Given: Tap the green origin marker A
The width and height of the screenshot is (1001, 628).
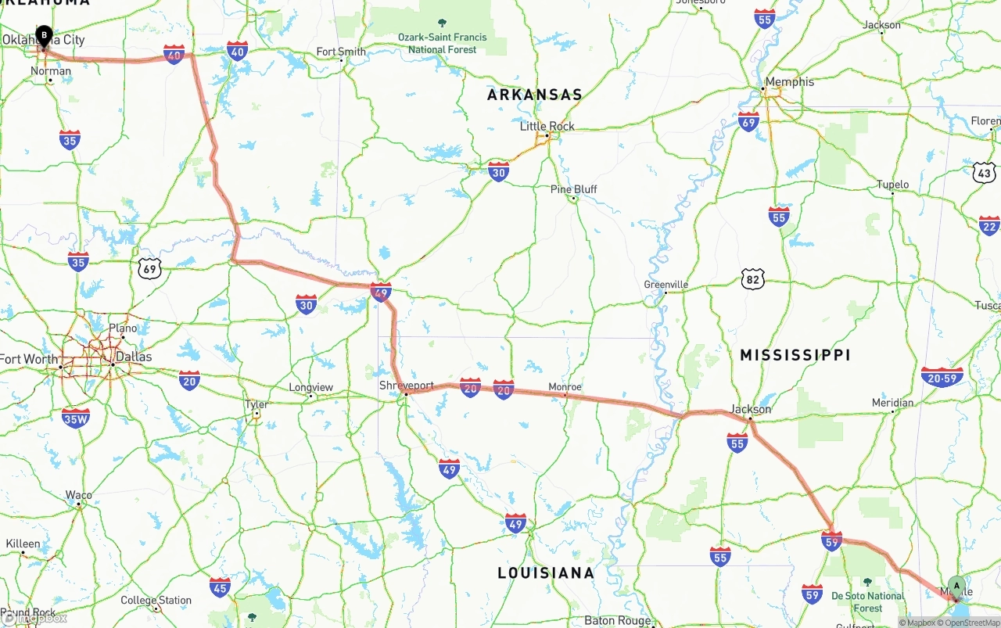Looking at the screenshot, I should click(x=956, y=587).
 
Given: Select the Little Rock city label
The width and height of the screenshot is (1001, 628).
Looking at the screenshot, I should click(x=547, y=126).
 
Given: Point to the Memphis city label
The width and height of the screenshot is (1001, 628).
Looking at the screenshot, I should click(x=789, y=81).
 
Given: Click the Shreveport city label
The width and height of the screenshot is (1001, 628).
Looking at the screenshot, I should click(x=407, y=386).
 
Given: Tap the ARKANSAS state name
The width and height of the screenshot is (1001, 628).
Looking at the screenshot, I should click(x=535, y=95).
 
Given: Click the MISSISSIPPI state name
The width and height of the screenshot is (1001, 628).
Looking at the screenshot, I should click(x=795, y=355).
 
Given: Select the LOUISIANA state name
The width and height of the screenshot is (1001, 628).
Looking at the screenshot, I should click(x=546, y=573).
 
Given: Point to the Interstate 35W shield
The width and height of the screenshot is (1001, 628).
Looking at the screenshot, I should click(x=76, y=418).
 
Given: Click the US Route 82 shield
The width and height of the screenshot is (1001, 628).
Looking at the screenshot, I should click(x=753, y=278).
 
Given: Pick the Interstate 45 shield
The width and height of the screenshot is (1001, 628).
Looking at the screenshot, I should click(x=221, y=587).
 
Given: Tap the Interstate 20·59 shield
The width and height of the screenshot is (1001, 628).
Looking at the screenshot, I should click(x=942, y=378).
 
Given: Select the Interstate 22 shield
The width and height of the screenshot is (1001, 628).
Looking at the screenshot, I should click(x=989, y=225).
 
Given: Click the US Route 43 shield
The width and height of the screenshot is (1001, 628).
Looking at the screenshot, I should click(x=985, y=173).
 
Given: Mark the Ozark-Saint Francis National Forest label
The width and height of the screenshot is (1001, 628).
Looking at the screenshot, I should click(x=442, y=43).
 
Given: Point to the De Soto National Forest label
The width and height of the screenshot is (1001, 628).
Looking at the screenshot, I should click(x=867, y=601).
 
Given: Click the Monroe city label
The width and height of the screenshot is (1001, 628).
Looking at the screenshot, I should click(x=565, y=387).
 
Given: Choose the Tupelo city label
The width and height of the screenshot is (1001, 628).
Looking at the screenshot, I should click(x=892, y=185).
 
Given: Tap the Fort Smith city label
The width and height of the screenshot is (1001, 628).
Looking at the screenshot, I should click(x=341, y=52).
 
